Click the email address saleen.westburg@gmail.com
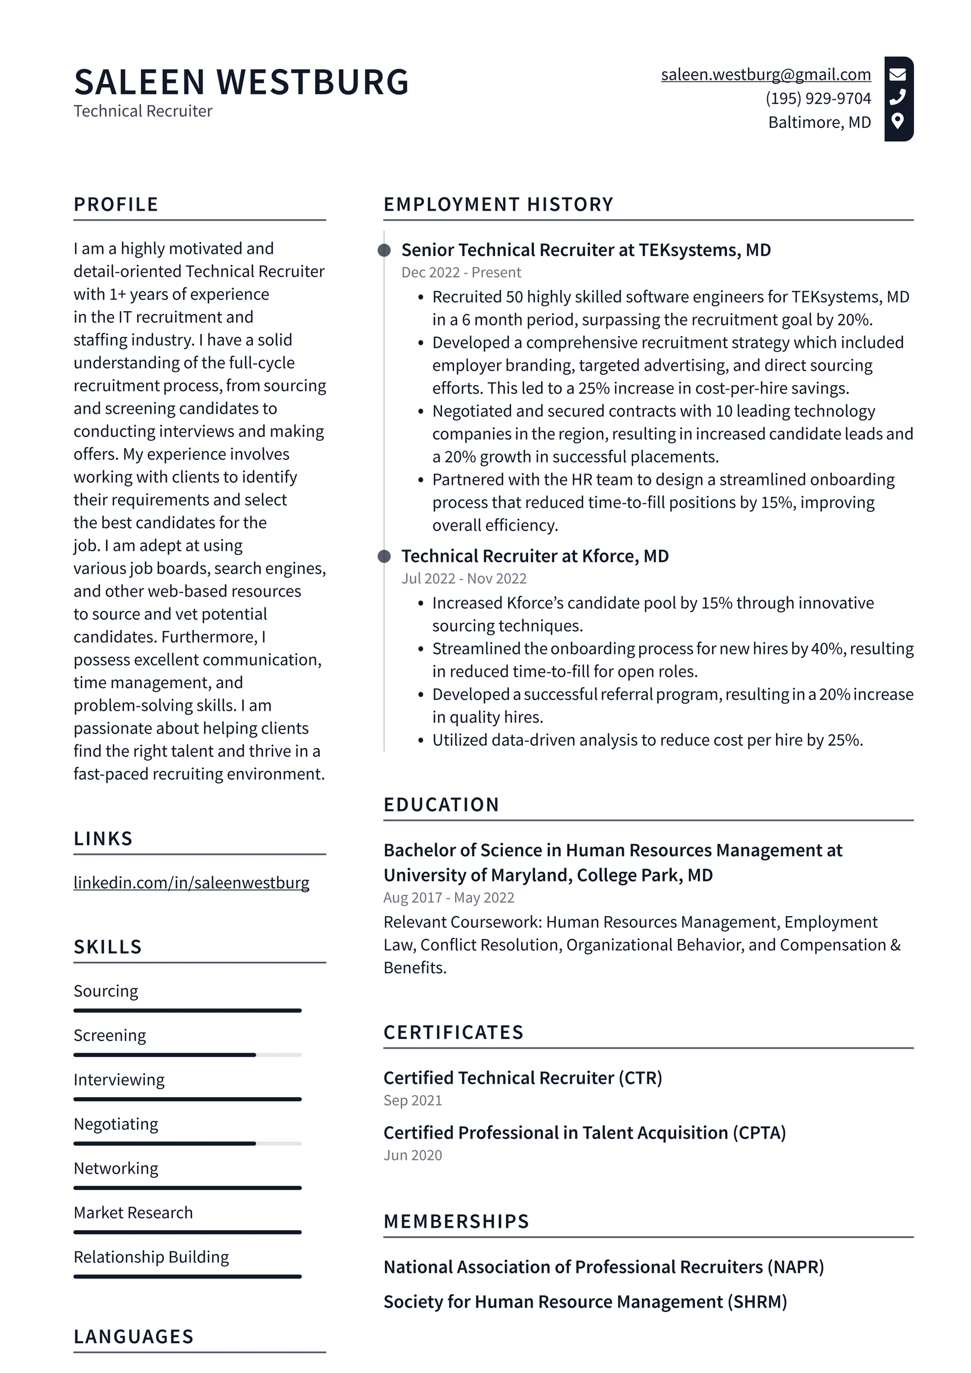pos(765,75)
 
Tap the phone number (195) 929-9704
pos(818,99)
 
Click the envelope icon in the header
pos(898,74)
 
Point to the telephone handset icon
pos(898,97)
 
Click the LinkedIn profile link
pos(191,883)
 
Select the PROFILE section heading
pos(116,204)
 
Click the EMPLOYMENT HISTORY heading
pos(498,204)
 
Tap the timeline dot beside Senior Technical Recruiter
pos(384,250)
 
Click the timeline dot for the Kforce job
pos(384,556)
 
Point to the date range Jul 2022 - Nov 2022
pos(464,579)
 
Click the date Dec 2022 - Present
pos(461,273)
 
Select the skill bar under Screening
pos(187,1055)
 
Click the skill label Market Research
pos(134,1213)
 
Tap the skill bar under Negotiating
pos(187,1143)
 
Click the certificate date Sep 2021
pos(413,1100)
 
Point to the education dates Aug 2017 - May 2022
pos(449,897)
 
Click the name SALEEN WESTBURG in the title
pos(242,82)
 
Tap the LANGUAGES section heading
pos(134,1337)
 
